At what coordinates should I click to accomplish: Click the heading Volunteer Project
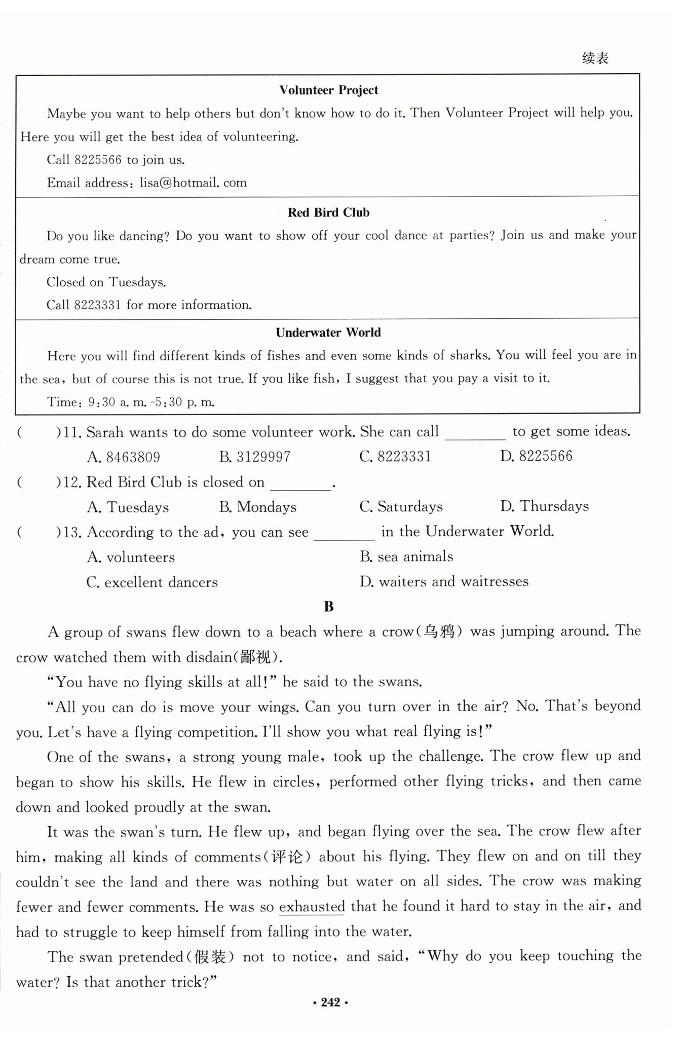click(x=328, y=90)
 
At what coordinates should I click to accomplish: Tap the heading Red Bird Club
click(x=328, y=212)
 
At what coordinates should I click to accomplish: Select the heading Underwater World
click(x=328, y=332)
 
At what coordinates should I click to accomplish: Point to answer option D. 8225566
click(x=536, y=456)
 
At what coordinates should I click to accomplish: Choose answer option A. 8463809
click(x=123, y=457)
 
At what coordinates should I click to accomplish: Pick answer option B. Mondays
click(x=258, y=507)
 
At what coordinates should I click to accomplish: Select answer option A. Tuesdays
click(x=128, y=507)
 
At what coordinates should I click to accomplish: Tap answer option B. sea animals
click(x=406, y=556)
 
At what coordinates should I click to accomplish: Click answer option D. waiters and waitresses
click(x=444, y=581)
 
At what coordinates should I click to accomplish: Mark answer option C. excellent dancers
click(x=152, y=582)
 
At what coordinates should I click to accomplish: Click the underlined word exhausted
click(x=312, y=907)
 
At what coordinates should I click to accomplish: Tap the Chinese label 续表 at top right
click(x=595, y=58)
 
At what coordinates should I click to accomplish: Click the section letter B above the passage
click(x=328, y=607)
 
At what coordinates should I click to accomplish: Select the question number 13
click(x=73, y=532)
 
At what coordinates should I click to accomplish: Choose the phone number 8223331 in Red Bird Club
click(x=97, y=305)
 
